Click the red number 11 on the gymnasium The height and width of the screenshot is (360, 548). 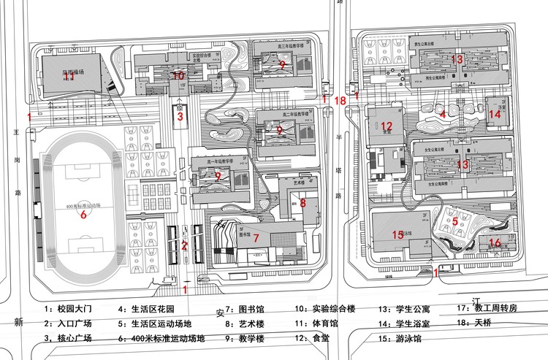coord(69,76)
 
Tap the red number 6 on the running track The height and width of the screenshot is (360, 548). coord(83,215)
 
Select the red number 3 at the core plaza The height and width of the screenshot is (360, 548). coord(180,116)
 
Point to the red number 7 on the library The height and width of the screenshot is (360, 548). coord(256,238)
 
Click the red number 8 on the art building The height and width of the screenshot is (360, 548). coord(302,203)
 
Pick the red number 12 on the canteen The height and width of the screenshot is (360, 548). coord(387,126)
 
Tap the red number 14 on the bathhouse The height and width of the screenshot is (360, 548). coord(495,114)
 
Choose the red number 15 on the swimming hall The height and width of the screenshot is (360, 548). coord(397,234)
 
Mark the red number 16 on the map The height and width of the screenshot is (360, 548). coord(495,243)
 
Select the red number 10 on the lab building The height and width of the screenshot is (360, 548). coord(178,74)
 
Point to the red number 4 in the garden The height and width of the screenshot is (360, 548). coord(443,113)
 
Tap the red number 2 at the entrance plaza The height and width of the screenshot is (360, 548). coord(185,245)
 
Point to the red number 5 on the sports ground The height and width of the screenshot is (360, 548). coord(454,221)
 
